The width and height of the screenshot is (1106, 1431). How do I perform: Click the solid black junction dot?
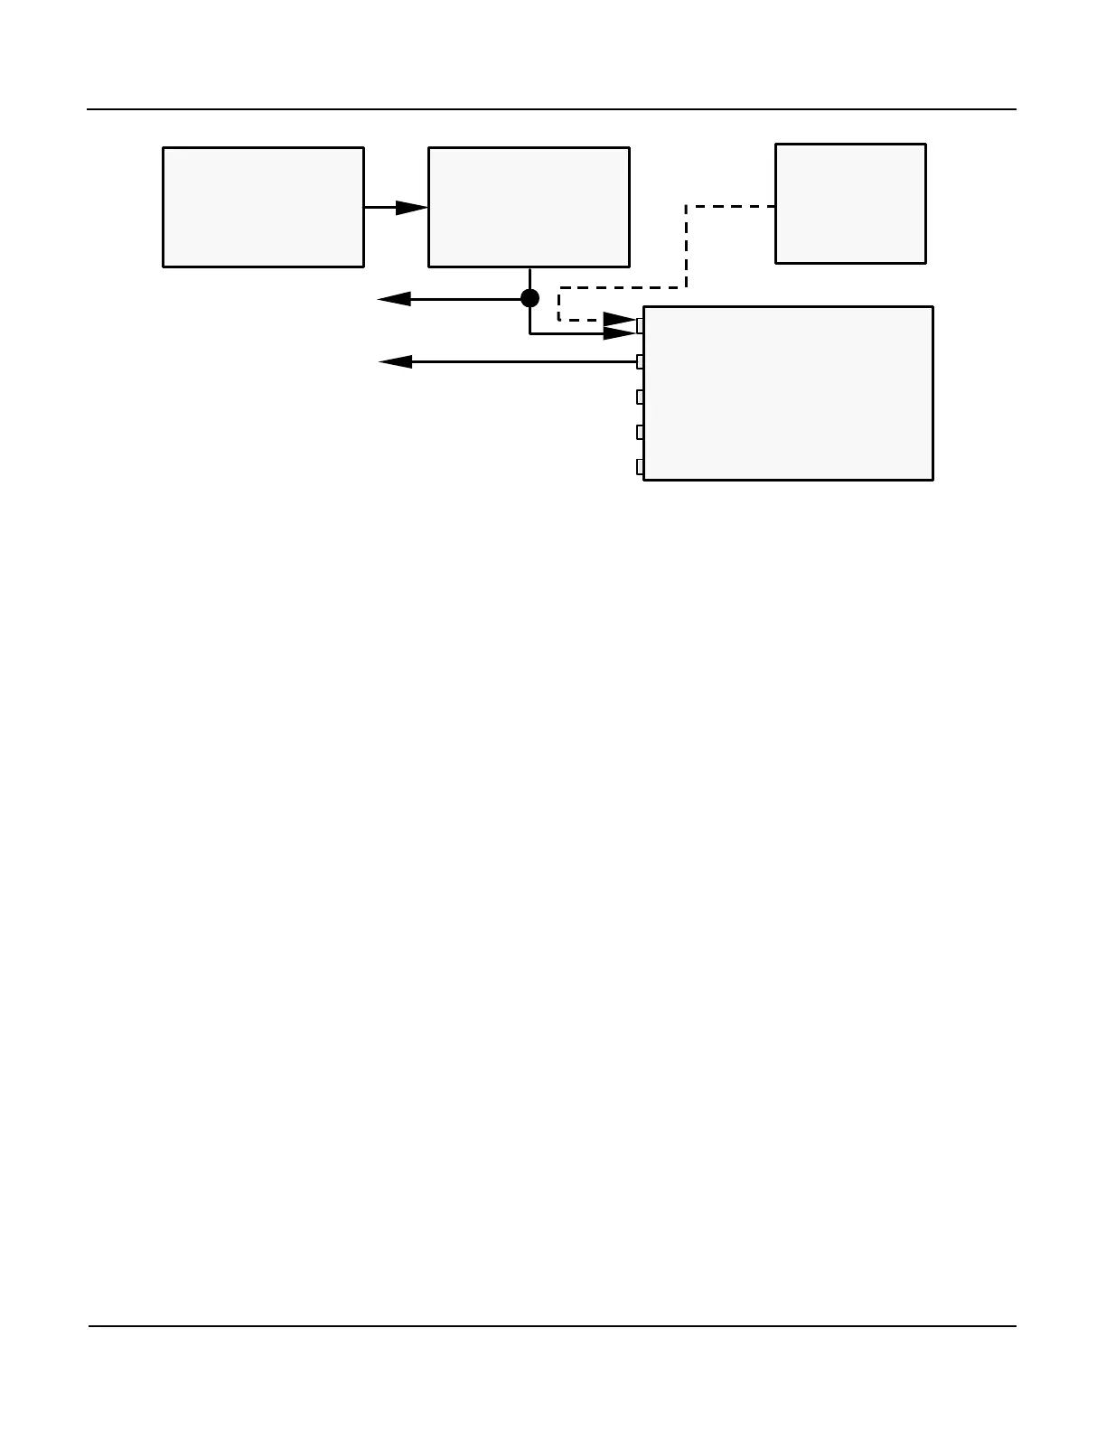point(530,298)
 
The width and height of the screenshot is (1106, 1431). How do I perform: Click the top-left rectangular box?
point(263,207)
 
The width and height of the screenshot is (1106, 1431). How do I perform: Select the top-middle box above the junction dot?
point(529,207)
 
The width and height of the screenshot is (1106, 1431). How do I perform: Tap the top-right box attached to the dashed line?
point(850,203)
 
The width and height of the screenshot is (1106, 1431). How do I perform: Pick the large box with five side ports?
point(788,393)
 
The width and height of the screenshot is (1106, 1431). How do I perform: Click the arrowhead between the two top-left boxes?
point(412,207)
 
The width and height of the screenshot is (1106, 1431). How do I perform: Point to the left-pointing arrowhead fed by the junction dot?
point(394,299)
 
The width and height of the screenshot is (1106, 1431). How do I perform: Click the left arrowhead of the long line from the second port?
point(395,361)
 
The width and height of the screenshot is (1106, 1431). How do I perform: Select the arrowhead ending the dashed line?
point(620,319)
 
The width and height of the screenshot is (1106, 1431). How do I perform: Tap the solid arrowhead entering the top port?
point(620,333)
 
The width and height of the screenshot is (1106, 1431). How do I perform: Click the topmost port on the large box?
point(640,325)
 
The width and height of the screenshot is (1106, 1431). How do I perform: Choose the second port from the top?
point(640,361)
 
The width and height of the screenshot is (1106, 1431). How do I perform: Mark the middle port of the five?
point(640,397)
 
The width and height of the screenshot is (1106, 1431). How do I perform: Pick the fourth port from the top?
point(640,432)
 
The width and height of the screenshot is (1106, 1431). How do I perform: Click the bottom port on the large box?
point(640,467)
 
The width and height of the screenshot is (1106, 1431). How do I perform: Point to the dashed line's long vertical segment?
point(686,247)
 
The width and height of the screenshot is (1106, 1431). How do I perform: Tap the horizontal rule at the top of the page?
point(551,109)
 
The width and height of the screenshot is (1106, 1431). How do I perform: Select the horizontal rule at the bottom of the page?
point(551,1326)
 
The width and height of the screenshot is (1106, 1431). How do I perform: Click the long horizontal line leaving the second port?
point(524,361)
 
